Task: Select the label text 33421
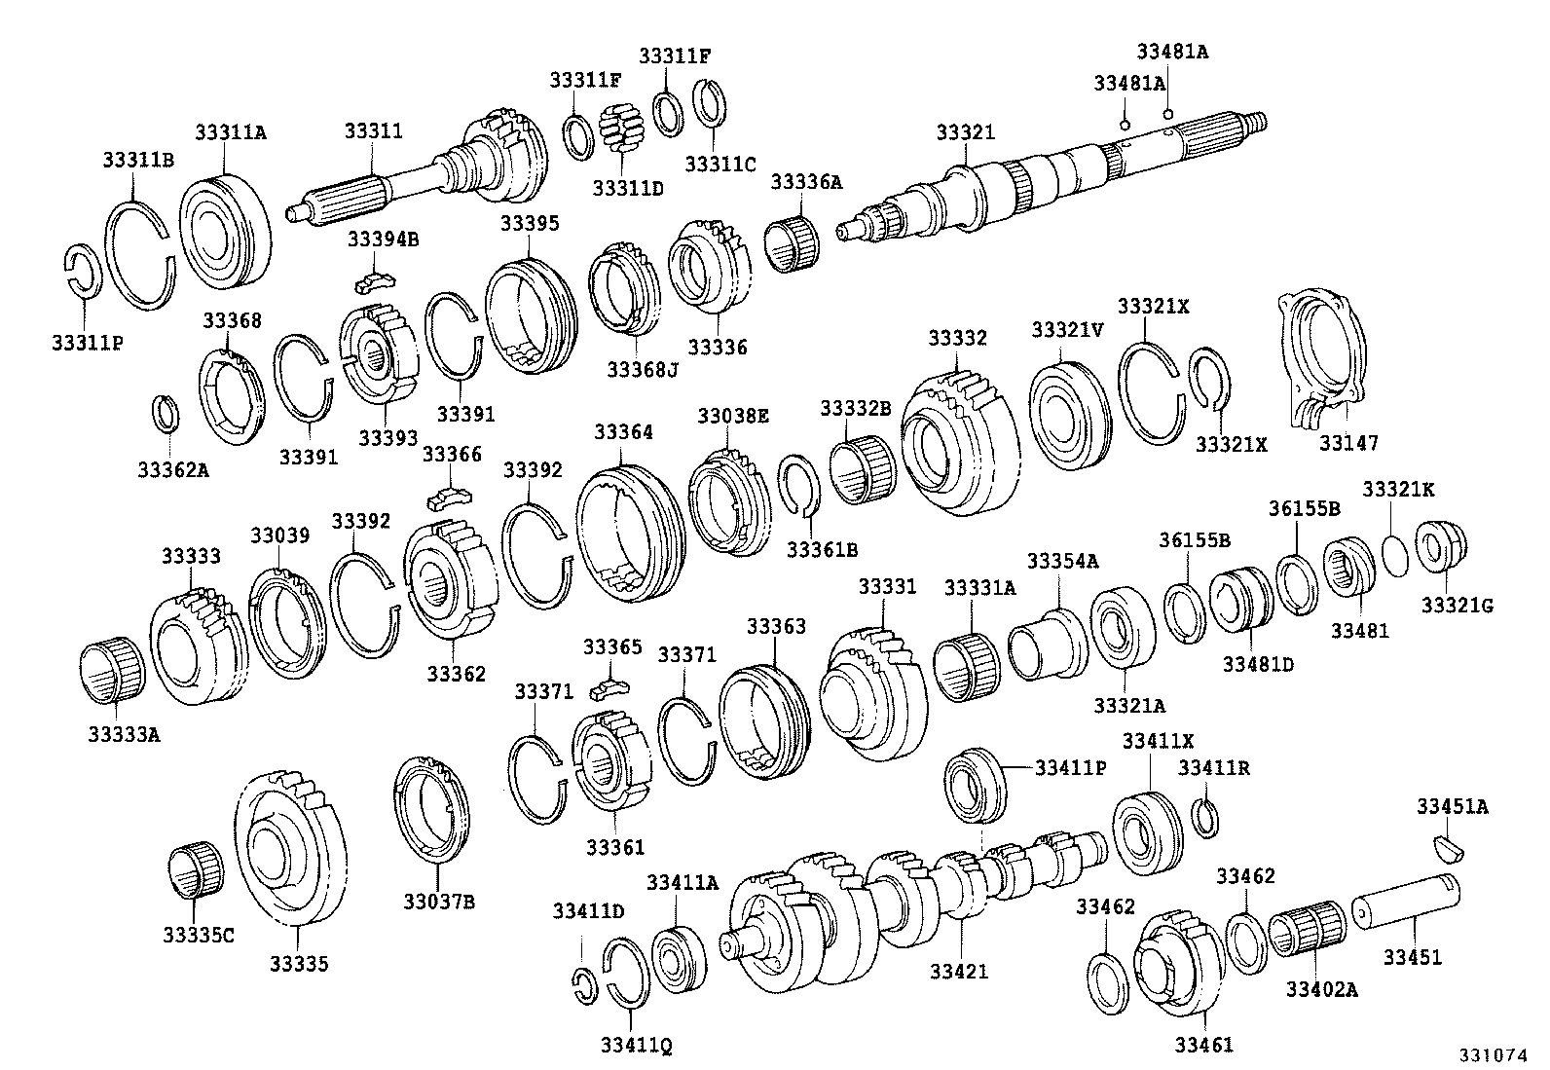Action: pos(958,971)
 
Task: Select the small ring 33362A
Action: pos(166,413)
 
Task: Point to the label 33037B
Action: pos(438,902)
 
